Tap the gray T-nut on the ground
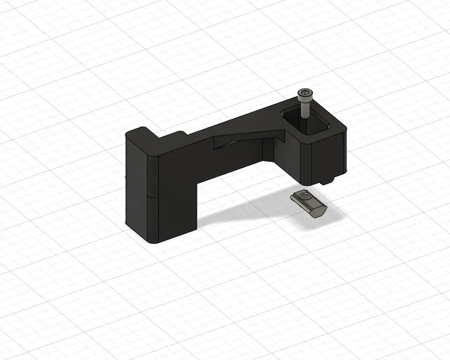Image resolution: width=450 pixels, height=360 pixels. click(x=309, y=203)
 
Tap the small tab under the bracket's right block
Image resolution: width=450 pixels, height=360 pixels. click(x=328, y=180)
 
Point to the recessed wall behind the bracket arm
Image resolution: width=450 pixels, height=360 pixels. click(x=268, y=151)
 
